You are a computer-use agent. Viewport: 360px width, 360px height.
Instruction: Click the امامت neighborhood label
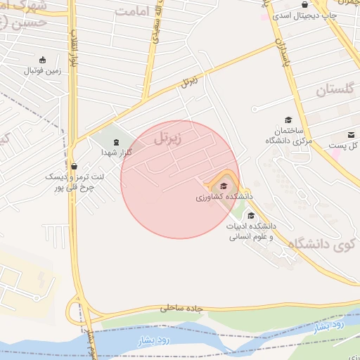134,12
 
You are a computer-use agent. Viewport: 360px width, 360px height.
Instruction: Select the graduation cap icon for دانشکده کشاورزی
224,186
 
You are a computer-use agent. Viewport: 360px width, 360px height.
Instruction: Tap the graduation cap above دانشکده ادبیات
252,215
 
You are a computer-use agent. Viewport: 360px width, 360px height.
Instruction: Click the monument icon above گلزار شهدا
116,142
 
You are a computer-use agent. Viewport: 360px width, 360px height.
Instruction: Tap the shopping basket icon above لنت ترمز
74,167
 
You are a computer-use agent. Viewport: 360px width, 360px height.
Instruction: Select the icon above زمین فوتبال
44,60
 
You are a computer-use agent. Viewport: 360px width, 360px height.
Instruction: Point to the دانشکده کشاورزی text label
224,198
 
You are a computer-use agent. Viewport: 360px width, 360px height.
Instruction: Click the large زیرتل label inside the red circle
167,137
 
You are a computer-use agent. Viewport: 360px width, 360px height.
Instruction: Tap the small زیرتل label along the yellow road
189,81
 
